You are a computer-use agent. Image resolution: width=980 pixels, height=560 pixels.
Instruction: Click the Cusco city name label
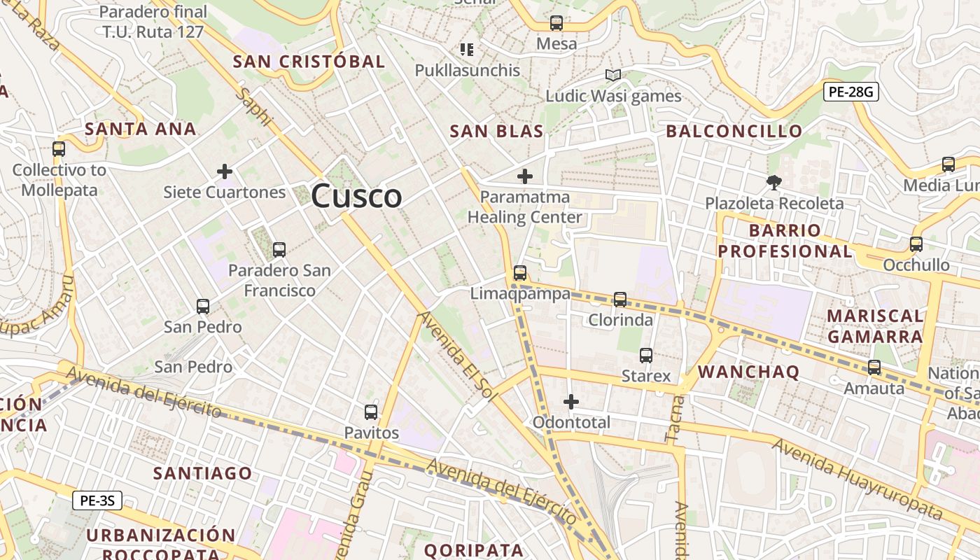coord(356,196)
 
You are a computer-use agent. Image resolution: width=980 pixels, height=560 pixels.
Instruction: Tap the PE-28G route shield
coord(850,92)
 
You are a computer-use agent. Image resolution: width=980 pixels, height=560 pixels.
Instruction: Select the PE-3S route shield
coord(97,500)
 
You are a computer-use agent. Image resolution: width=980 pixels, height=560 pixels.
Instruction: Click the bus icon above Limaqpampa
coord(519,273)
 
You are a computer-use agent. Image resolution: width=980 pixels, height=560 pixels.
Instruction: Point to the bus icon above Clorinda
coord(620,300)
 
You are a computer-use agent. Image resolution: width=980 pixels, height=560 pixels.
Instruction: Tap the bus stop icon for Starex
coord(646,356)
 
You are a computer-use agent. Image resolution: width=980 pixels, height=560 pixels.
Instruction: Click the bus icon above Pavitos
coord(371,412)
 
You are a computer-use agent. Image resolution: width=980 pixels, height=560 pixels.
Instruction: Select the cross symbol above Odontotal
coord(571,402)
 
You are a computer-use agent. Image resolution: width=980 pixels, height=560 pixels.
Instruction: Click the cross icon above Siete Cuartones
coord(225,171)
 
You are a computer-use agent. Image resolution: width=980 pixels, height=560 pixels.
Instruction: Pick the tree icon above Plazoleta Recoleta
coord(774,183)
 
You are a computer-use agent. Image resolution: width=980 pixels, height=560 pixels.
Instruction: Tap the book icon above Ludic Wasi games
coord(613,76)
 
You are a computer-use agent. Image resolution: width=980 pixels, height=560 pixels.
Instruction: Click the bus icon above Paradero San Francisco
coord(279,249)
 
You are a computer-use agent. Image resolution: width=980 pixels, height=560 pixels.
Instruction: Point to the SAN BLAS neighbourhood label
coord(496,131)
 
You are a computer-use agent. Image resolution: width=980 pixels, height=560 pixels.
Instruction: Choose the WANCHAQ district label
coord(748,372)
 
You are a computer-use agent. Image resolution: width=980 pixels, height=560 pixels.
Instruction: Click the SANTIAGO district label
coord(202,473)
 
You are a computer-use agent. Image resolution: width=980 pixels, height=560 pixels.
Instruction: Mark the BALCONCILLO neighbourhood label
coord(734,131)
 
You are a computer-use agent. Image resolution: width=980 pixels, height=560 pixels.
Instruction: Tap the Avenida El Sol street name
coord(458,357)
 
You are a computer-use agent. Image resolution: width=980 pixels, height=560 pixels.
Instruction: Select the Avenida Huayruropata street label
coord(857,479)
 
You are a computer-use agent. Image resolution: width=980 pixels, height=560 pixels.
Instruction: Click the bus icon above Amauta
coord(874,367)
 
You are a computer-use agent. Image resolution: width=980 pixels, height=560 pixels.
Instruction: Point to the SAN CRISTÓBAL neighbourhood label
coord(309,62)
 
